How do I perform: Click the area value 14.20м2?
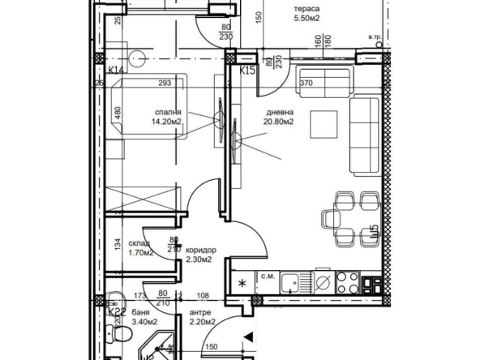[x=164, y=123]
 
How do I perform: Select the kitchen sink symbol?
[x=323, y=282]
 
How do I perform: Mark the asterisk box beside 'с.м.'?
[x=242, y=283]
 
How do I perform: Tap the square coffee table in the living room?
[x=326, y=123]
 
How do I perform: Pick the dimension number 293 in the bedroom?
[x=166, y=82]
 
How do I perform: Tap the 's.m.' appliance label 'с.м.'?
[x=267, y=276]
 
